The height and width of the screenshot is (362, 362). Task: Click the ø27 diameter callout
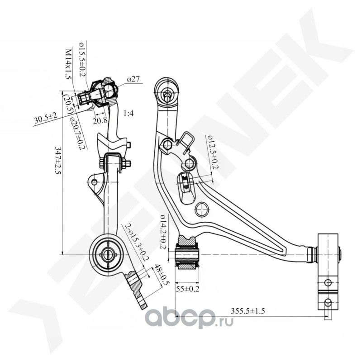tap(133, 80)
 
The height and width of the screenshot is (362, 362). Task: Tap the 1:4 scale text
tap(129, 114)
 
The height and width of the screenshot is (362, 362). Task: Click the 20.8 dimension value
tap(100, 120)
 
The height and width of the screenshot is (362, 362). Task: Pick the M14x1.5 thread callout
tap(68, 64)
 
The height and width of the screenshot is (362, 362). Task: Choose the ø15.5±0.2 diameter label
tap(82, 59)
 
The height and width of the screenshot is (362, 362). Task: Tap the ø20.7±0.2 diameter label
tap(78, 133)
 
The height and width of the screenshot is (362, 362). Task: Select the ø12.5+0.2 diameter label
tap(212, 152)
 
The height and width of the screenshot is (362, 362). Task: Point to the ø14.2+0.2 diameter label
tap(163, 232)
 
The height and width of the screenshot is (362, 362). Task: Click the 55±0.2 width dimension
tap(187, 289)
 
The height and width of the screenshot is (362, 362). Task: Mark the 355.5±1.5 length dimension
tap(248, 311)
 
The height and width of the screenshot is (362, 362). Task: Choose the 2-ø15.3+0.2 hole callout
tap(137, 242)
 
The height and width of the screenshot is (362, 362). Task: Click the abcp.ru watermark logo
tap(189, 319)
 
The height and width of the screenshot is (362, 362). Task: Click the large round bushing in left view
tap(107, 254)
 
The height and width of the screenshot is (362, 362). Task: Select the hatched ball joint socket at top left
tap(105, 92)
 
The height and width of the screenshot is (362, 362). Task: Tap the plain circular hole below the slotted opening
tap(202, 210)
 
